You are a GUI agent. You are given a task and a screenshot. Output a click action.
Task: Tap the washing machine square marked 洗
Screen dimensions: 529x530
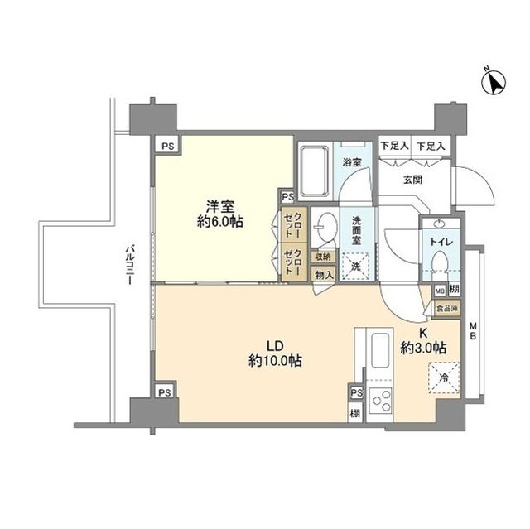coord(354,266)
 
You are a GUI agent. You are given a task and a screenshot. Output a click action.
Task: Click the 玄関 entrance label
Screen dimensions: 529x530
coord(413,179)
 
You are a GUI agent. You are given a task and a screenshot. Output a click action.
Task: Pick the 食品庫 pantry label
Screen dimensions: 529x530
coord(445,308)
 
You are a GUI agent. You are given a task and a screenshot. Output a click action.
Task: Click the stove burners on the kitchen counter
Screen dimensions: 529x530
coord(381,402)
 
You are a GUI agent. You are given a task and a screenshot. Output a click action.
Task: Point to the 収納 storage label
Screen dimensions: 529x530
coord(322,257)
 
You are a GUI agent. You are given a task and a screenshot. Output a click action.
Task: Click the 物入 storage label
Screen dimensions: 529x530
coord(322,274)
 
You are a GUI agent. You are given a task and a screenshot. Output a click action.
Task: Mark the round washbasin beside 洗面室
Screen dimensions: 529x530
coord(326,227)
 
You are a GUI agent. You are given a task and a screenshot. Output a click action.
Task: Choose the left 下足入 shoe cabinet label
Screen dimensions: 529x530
coord(395,146)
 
